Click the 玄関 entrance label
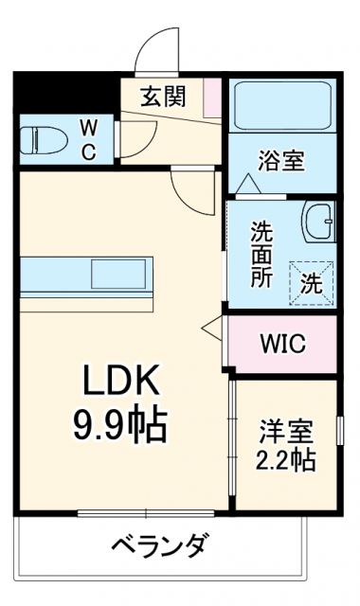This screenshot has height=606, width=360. tap(163, 96)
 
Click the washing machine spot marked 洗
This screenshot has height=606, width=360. tap(312, 280)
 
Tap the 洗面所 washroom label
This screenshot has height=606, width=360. tap(262, 254)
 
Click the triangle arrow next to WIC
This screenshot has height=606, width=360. tap(211, 329)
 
